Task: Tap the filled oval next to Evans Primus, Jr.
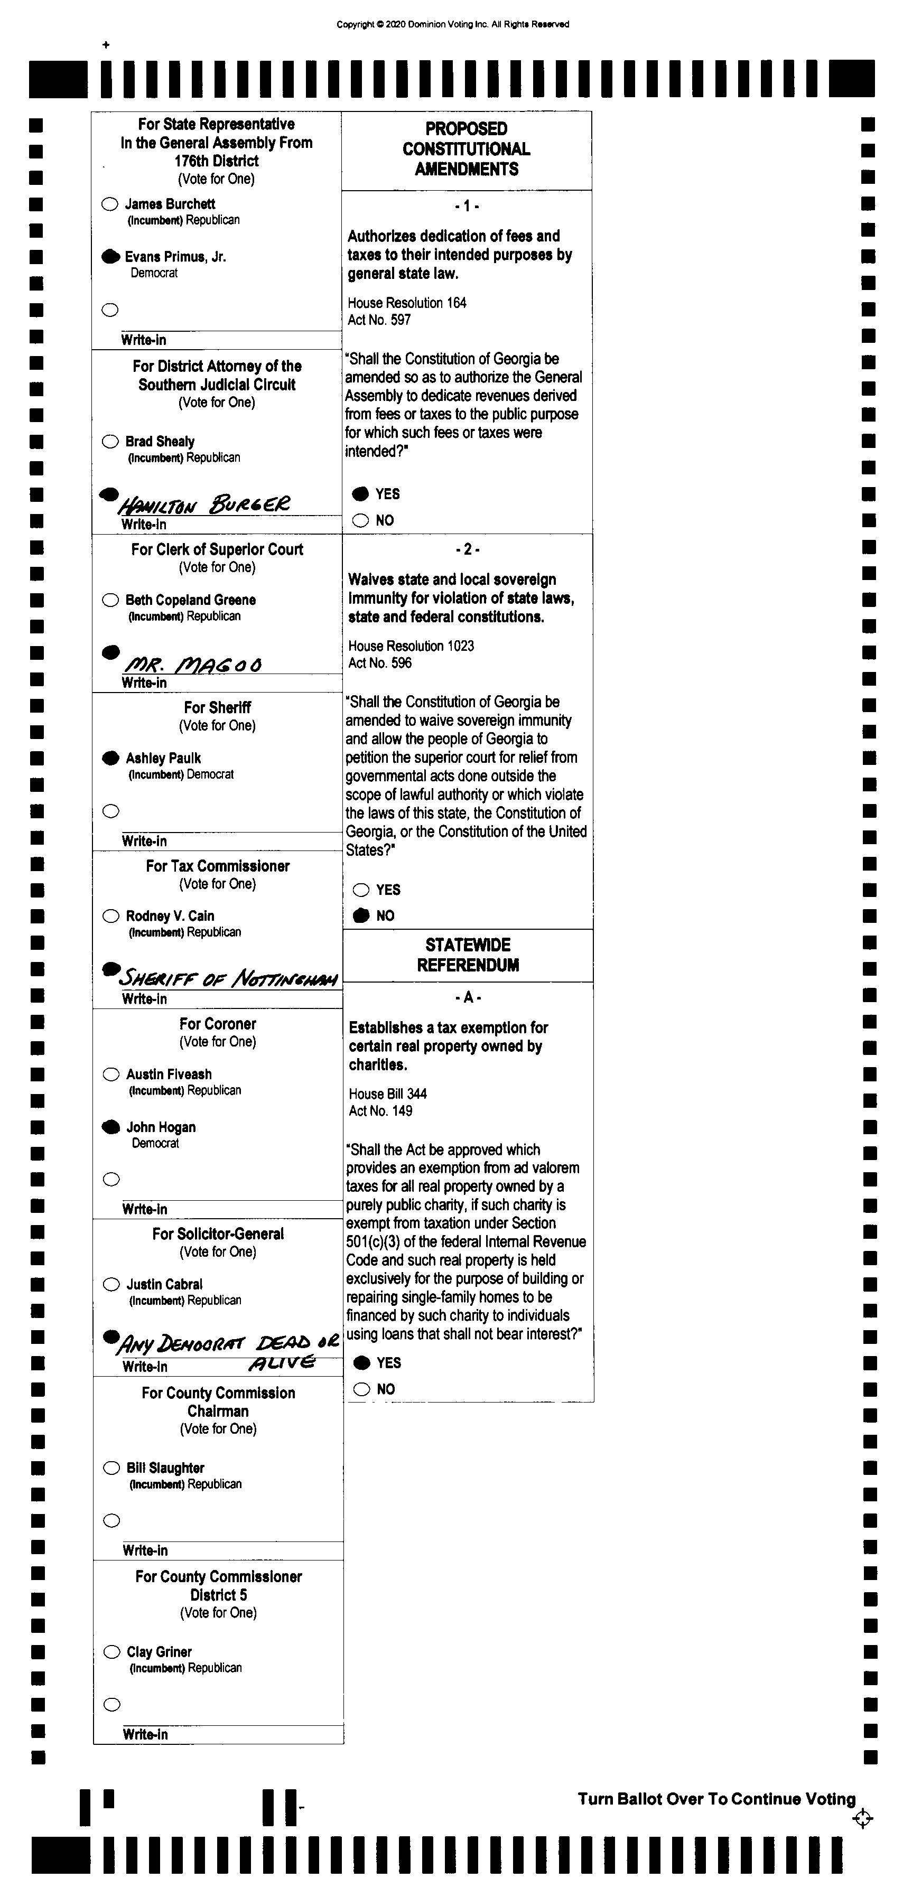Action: (x=110, y=256)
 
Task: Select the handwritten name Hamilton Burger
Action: (x=204, y=504)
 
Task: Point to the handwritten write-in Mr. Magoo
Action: (x=193, y=664)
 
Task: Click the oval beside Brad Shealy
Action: (x=110, y=441)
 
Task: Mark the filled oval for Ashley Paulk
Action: (x=110, y=758)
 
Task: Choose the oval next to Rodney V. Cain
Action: (x=110, y=916)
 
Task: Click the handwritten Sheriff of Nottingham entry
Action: (x=228, y=978)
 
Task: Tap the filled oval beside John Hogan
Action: (x=111, y=1127)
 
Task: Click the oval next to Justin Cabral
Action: (x=111, y=1284)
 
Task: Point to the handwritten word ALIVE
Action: (x=282, y=1362)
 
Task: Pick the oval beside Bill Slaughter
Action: (x=111, y=1468)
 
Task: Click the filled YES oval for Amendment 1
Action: (x=360, y=493)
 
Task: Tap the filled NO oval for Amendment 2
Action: (x=361, y=915)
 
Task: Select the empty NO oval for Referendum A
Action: (x=361, y=1389)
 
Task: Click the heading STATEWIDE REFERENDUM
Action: (x=468, y=955)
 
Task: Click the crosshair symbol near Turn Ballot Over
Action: (x=862, y=1819)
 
